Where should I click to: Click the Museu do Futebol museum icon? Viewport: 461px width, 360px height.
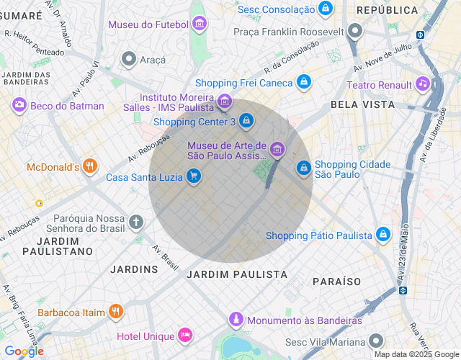tap(200, 24)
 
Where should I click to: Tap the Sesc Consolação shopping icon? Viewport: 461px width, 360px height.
tap(326, 9)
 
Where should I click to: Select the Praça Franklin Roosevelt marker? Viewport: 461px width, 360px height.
tap(354, 32)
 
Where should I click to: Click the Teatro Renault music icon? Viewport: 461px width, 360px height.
tap(423, 84)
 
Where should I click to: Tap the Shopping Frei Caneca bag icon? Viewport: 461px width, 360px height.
tap(304, 83)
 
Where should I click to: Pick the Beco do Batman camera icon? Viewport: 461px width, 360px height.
tap(19, 106)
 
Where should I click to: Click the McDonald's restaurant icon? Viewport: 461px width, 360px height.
tap(89, 167)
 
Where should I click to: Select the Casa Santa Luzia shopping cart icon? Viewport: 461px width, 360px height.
tap(193, 176)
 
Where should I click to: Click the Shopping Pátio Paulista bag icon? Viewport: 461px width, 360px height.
tap(383, 235)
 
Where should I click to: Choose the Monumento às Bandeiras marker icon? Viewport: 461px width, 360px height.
tap(236, 319)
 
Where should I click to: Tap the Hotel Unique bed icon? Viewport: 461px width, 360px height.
tap(185, 336)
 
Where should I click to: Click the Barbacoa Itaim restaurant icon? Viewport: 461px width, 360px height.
tap(115, 312)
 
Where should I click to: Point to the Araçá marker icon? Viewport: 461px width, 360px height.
tap(129, 59)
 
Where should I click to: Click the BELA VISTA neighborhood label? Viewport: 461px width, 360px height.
tap(362, 104)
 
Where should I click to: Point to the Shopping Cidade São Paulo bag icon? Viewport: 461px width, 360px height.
tap(304, 168)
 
